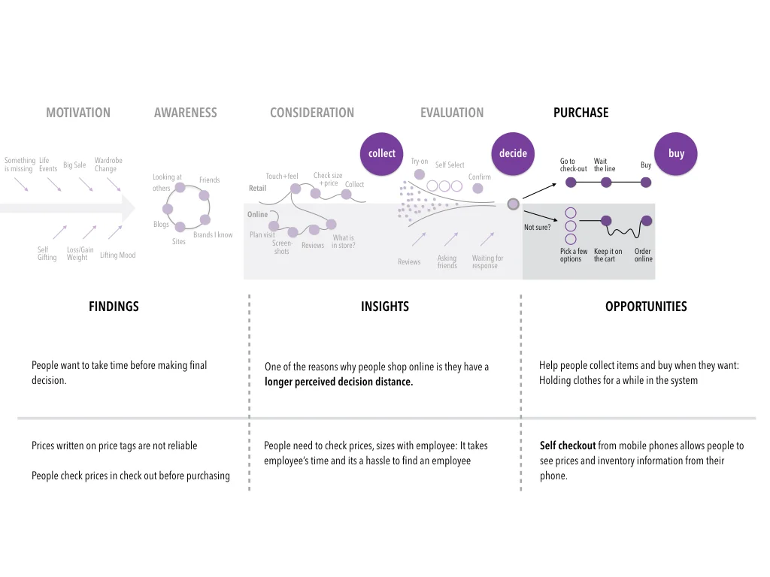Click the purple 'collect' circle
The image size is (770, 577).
382,153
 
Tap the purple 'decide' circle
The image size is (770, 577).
513,153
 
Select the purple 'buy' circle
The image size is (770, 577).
676,153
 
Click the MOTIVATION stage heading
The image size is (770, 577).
78,113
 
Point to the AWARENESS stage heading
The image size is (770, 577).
185,113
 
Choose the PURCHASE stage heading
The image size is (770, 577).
581,113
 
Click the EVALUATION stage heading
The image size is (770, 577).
452,113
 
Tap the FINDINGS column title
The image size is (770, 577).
114,307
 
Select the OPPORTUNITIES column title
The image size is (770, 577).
646,307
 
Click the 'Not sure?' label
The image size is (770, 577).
537,227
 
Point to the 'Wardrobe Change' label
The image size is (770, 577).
108,165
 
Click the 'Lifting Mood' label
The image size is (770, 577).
118,255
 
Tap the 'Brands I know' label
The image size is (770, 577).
213,235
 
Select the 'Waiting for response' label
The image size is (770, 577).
487,261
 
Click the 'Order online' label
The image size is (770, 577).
643,255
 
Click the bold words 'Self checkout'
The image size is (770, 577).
568,446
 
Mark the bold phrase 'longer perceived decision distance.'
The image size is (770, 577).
338,382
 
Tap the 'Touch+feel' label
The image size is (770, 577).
282,177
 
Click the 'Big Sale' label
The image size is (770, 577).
74,165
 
